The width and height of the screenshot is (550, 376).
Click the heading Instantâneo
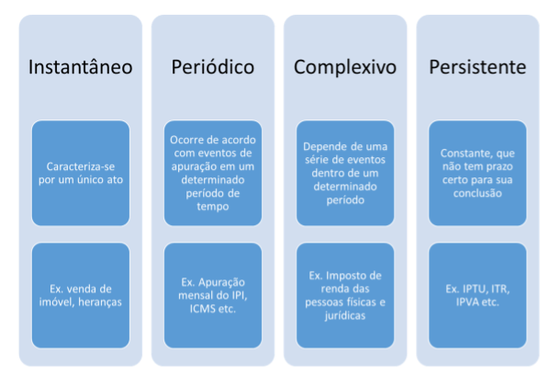pyautogui.click(x=80, y=67)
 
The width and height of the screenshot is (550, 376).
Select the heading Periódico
pyautogui.click(x=213, y=67)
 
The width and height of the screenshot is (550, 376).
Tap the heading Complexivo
pyautogui.click(x=345, y=67)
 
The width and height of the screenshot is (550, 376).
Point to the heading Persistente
pyautogui.click(x=477, y=67)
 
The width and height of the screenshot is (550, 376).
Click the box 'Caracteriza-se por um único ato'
pyautogui.click(x=81, y=173)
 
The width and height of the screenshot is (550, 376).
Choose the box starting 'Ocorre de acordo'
pyautogui.click(x=213, y=173)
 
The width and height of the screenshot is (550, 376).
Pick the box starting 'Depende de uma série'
pyautogui.click(x=345, y=173)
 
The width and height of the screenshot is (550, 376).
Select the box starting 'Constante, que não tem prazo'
pyautogui.click(x=477, y=173)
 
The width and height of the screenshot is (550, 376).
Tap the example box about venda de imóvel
pyautogui.click(x=81, y=295)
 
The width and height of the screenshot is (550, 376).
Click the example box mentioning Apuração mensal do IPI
pyautogui.click(x=213, y=295)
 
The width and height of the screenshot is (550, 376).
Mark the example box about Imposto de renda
pyautogui.click(x=345, y=295)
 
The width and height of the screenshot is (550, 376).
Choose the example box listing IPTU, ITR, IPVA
pyautogui.click(x=477, y=295)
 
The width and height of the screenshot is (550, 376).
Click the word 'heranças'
pyautogui.click(x=100, y=302)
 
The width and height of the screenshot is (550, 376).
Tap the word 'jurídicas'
pyautogui.click(x=345, y=315)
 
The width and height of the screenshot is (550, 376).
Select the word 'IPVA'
pyautogui.click(x=468, y=302)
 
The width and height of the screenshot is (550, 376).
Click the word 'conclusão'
pyautogui.click(x=477, y=193)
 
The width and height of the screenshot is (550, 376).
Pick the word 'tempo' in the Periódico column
pyautogui.click(x=213, y=207)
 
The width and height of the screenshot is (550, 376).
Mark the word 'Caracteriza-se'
pyautogui.click(x=81, y=166)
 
